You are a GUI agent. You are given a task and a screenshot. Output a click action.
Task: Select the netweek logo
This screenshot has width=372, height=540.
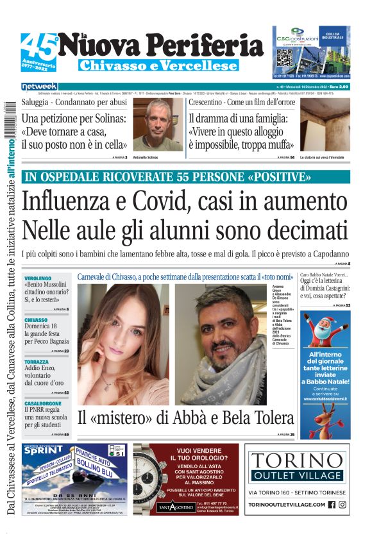tap(39, 87)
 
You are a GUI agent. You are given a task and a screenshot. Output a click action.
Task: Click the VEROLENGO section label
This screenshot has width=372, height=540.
tap(38, 276)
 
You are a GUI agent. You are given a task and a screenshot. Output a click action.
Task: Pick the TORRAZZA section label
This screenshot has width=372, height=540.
tap(37, 362)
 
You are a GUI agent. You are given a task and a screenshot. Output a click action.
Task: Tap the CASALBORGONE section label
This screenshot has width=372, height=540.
tap(43, 404)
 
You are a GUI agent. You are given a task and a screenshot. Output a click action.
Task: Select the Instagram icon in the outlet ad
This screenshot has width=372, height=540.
tap(342, 505)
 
